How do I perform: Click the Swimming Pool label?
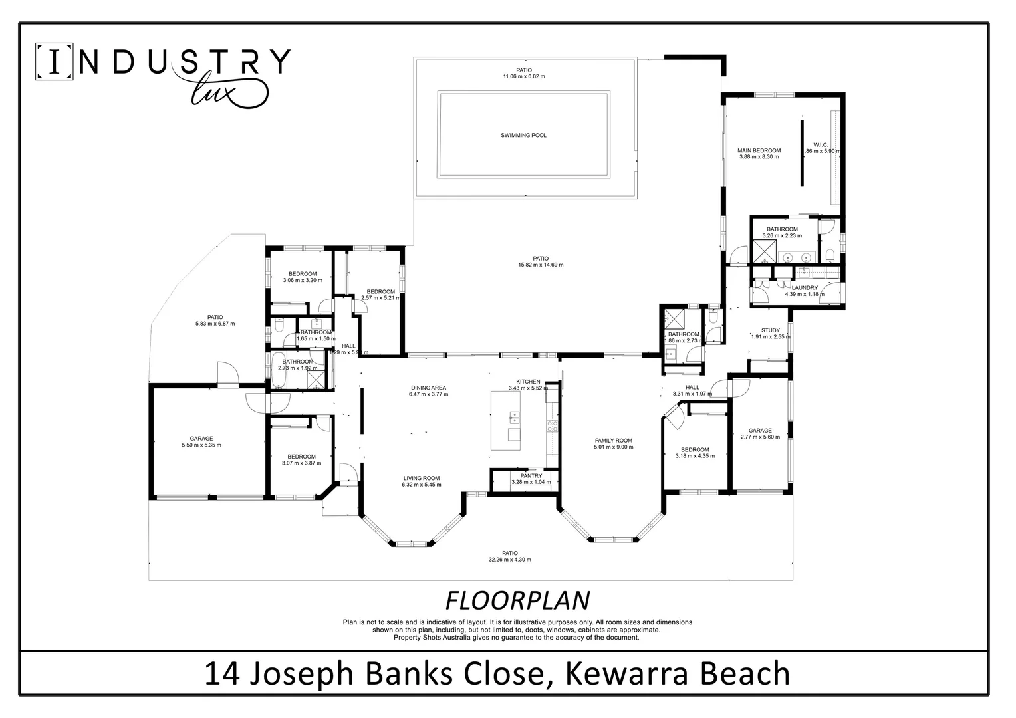pyautogui.click(x=523, y=136)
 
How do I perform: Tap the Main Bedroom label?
pyautogui.click(x=759, y=151)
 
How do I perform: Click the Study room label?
pyautogui.click(x=770, y=330)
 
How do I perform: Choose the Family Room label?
pyautogui.click(x=613, y=441)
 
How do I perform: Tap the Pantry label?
pyautogui.click(x=531, y=476)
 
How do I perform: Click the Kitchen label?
pyautogui.click(x=528, y=382)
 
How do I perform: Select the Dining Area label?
pyautogui.click(x=428, y=388)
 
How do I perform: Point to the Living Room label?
pyautogui.click(x=421, y=478)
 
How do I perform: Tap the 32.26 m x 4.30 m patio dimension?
pyautogui.click(x=509, y=560)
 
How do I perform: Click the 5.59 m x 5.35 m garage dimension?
pyautogui.click(x=201, y=445)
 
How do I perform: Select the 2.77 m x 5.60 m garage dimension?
pyautogui.click(x=760, y=437)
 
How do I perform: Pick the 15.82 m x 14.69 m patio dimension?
pyautogui.click(x=540, y=265)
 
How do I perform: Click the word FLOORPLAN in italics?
pyautogui.click(x=517, y=600)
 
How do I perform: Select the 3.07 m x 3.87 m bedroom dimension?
pyautogui.click(x=302, y=463)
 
